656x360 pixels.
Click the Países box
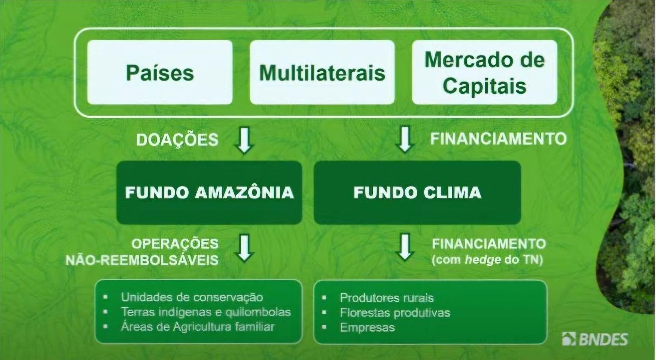(160, 72)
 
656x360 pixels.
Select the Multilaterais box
(322, 72)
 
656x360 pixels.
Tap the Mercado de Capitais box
(484, 72)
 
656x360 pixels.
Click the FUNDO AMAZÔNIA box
(209, 192)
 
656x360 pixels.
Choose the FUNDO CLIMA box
(417, 192)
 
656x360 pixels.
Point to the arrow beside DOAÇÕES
(245, 140)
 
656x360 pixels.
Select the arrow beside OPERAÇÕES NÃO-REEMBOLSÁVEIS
(245, 248)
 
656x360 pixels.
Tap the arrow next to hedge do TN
(405, 248)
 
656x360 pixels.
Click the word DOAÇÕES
(177, 140)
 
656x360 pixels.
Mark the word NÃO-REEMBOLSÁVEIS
(142, 260)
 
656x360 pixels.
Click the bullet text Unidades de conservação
(192, 297)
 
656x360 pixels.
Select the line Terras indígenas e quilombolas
(205, 312)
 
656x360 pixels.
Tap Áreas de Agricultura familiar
(197, 327)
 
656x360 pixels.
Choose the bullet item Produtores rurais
(386, 298)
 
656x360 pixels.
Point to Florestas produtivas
(395, 312)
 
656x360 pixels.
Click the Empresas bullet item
(367, 328)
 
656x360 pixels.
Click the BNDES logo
(595, 339)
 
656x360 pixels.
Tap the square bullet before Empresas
(324, 327)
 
